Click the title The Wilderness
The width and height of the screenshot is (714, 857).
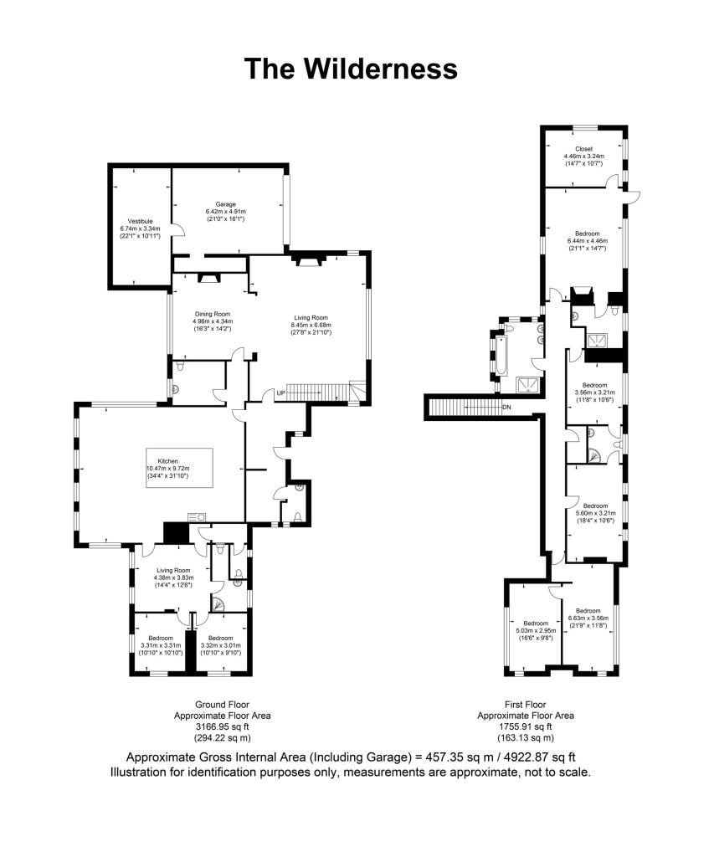[x=351, y=69]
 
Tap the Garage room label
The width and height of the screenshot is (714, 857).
[x=225, y=204]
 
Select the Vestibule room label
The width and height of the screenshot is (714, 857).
[x=140, y=221]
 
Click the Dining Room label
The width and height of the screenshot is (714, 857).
[x=213, y=315]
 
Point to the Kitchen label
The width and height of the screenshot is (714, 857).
[x=168, y=461]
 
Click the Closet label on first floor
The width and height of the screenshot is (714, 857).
[x=583, y=149]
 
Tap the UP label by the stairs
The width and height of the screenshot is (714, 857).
[x=280, y=393]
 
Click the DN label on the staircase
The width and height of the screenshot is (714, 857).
[x=506, y=408]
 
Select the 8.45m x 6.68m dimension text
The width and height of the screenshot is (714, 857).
[x=311, y=325]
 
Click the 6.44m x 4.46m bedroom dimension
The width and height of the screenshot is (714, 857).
[x=587, y=240]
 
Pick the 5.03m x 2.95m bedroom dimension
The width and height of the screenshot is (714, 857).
[x=536, y=630]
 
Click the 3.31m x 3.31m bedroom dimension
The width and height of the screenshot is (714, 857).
[x=160, y=645]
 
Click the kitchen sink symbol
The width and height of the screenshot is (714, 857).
[x=196, y=516]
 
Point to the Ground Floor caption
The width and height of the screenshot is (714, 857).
[x=222, y=705]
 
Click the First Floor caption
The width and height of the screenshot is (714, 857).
[x=526, y=705]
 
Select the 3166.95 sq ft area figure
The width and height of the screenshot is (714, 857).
[x=222, y=726]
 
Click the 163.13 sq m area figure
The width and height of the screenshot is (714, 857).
[x=526, y=738]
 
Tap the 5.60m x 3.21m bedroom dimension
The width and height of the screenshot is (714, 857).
[x=595, y=513]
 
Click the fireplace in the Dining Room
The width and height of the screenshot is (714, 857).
[x=209, y=278]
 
